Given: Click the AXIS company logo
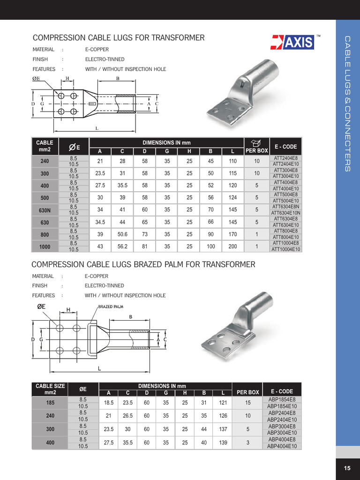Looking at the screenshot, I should (292, 43).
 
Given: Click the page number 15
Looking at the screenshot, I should (347, 468).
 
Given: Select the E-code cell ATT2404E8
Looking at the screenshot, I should (285, 158).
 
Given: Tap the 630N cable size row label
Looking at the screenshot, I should (45, 210).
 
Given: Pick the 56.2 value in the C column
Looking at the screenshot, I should (122, 246).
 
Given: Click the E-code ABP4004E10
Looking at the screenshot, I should (282, 446).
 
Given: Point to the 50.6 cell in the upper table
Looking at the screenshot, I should (122, 234).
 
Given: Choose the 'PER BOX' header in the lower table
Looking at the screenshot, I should (247, 392).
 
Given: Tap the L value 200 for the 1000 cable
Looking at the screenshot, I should (233, 246).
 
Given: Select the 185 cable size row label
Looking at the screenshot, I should (50, 403).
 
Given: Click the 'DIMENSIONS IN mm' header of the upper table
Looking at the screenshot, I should (166, 142).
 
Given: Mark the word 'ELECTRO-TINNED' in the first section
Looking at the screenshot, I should (105, 60).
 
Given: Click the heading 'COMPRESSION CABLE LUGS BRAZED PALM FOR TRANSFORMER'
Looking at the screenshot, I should (143, 265).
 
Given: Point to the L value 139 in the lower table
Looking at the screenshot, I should (223, 443).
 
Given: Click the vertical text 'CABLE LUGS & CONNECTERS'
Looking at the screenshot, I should (347, 103).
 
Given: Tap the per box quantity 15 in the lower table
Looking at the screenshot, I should (247, 403).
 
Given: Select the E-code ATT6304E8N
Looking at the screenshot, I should (285, 207).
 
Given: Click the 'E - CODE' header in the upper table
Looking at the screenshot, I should (285, 146).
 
